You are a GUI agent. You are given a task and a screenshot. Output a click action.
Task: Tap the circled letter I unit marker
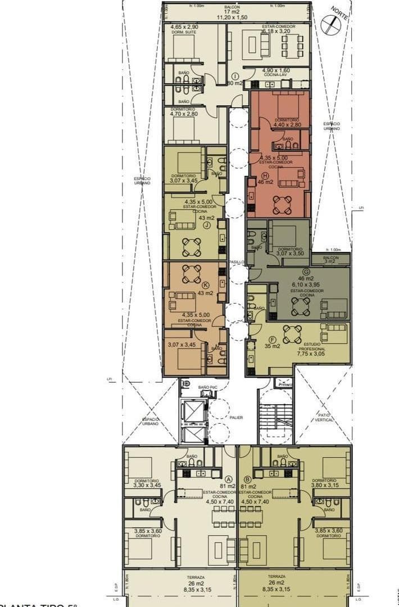[235, 76]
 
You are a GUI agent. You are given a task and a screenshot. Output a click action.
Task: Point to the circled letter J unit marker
[207, 225]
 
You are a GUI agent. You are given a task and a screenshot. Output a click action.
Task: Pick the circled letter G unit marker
[306, 271]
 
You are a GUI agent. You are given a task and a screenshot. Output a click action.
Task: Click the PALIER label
[236, 418]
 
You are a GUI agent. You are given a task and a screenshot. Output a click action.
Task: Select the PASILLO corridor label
[236, 262]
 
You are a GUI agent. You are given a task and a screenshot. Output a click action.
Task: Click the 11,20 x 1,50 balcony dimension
[235, 17]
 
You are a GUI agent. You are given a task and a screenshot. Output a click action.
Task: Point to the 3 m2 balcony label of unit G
[330, 262]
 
